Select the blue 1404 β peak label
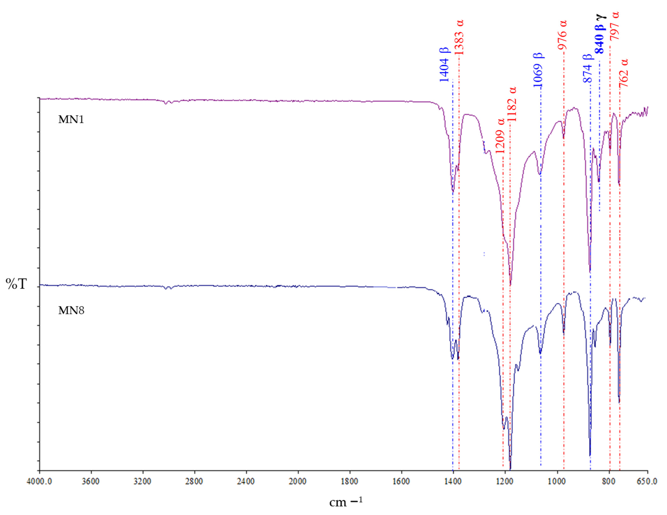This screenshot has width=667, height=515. pyautogui.click(x=444, y=65)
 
